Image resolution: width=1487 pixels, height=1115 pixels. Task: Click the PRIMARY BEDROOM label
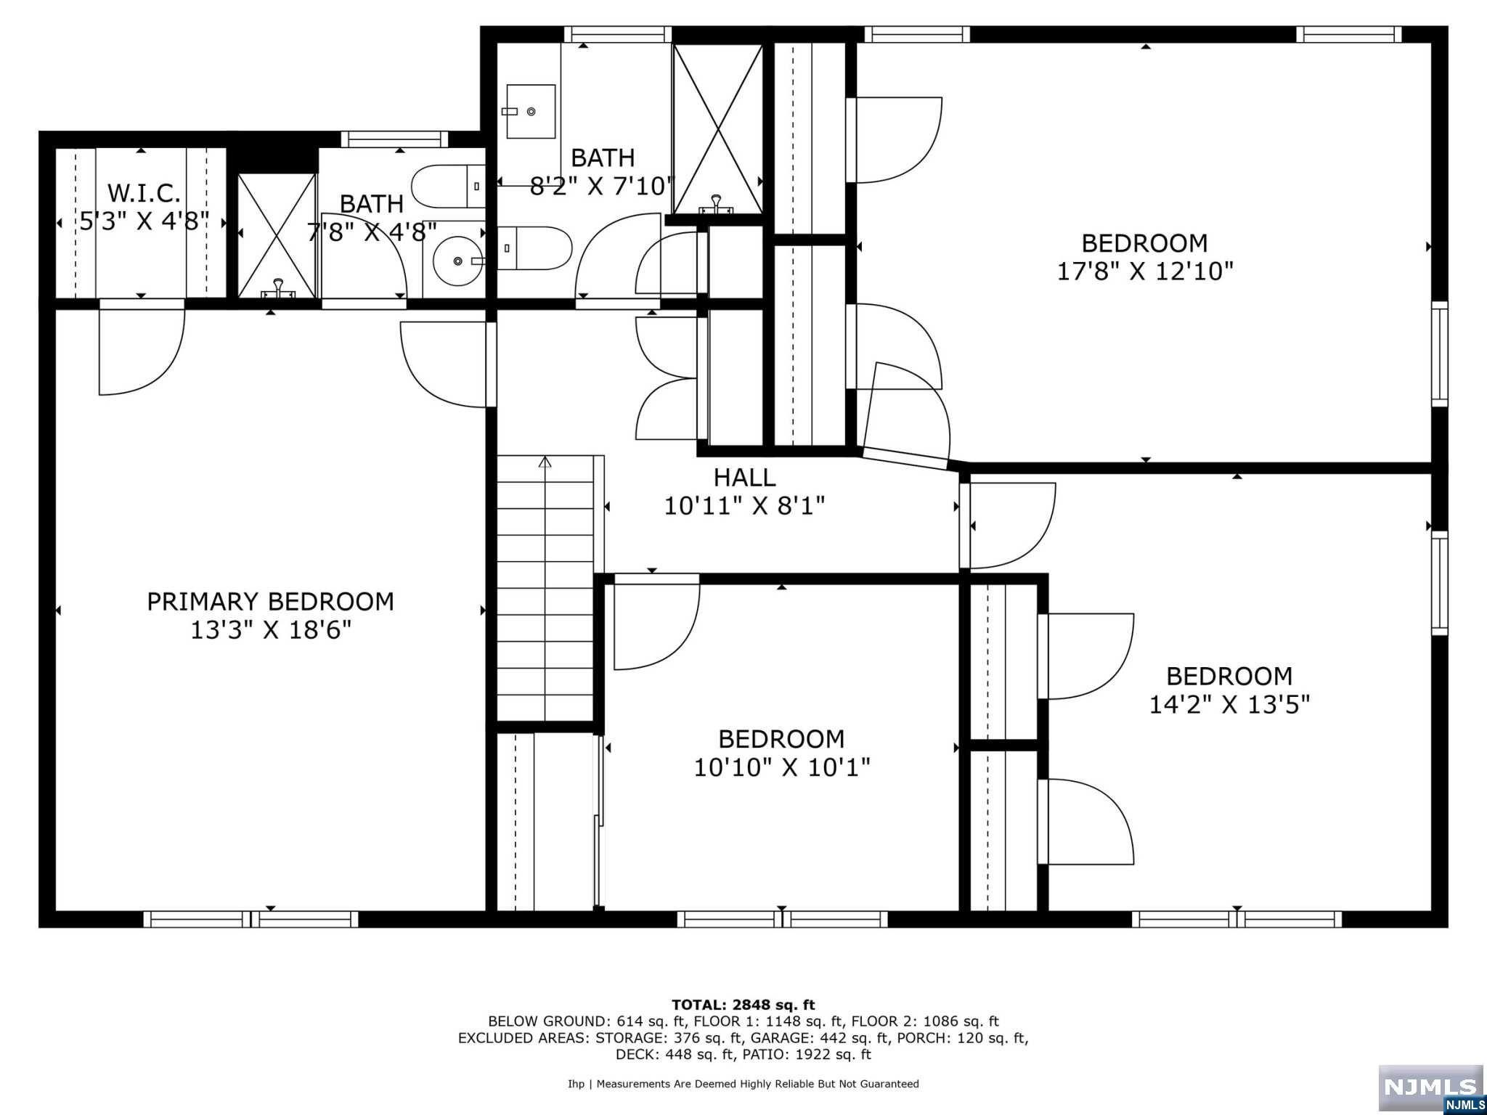pos(270,602)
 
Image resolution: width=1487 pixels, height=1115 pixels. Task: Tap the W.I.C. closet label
pos(144,193)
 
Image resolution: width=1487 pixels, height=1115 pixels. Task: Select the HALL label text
pos(744,478)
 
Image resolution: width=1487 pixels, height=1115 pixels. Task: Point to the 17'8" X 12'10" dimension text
pos(1145,271)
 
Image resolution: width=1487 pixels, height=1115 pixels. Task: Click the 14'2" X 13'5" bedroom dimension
pos(1229,704)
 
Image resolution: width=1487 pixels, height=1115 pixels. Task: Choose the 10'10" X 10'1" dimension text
pos(782,767)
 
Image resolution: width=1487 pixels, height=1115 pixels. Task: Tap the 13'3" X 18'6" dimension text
pos(271,630)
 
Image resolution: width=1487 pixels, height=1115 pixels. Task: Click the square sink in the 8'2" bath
pos(531,111)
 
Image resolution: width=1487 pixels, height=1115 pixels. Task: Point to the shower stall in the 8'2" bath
pos(717,129)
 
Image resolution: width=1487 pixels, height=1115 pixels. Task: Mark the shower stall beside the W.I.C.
pos(277,236)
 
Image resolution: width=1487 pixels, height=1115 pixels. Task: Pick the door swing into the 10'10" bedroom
pos(656,622)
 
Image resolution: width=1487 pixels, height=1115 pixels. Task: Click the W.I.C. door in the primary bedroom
pos(142,352)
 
